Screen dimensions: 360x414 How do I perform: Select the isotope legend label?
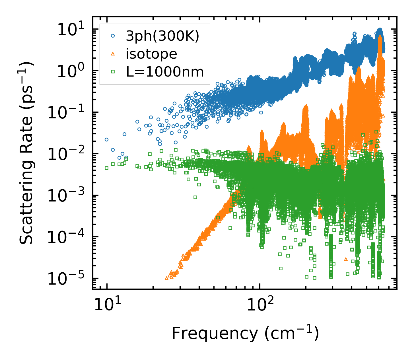(x=151, y=54)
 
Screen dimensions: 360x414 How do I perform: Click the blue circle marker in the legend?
(x=113, y=36)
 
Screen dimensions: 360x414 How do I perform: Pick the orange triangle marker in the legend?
(x=113, y=54)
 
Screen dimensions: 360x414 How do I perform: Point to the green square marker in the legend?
(x=113, y=72)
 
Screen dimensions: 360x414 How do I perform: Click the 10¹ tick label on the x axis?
(x=107, y=305)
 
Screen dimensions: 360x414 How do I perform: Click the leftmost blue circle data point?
(x=106, y=139)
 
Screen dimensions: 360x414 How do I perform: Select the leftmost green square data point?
(x=106, y=168)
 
